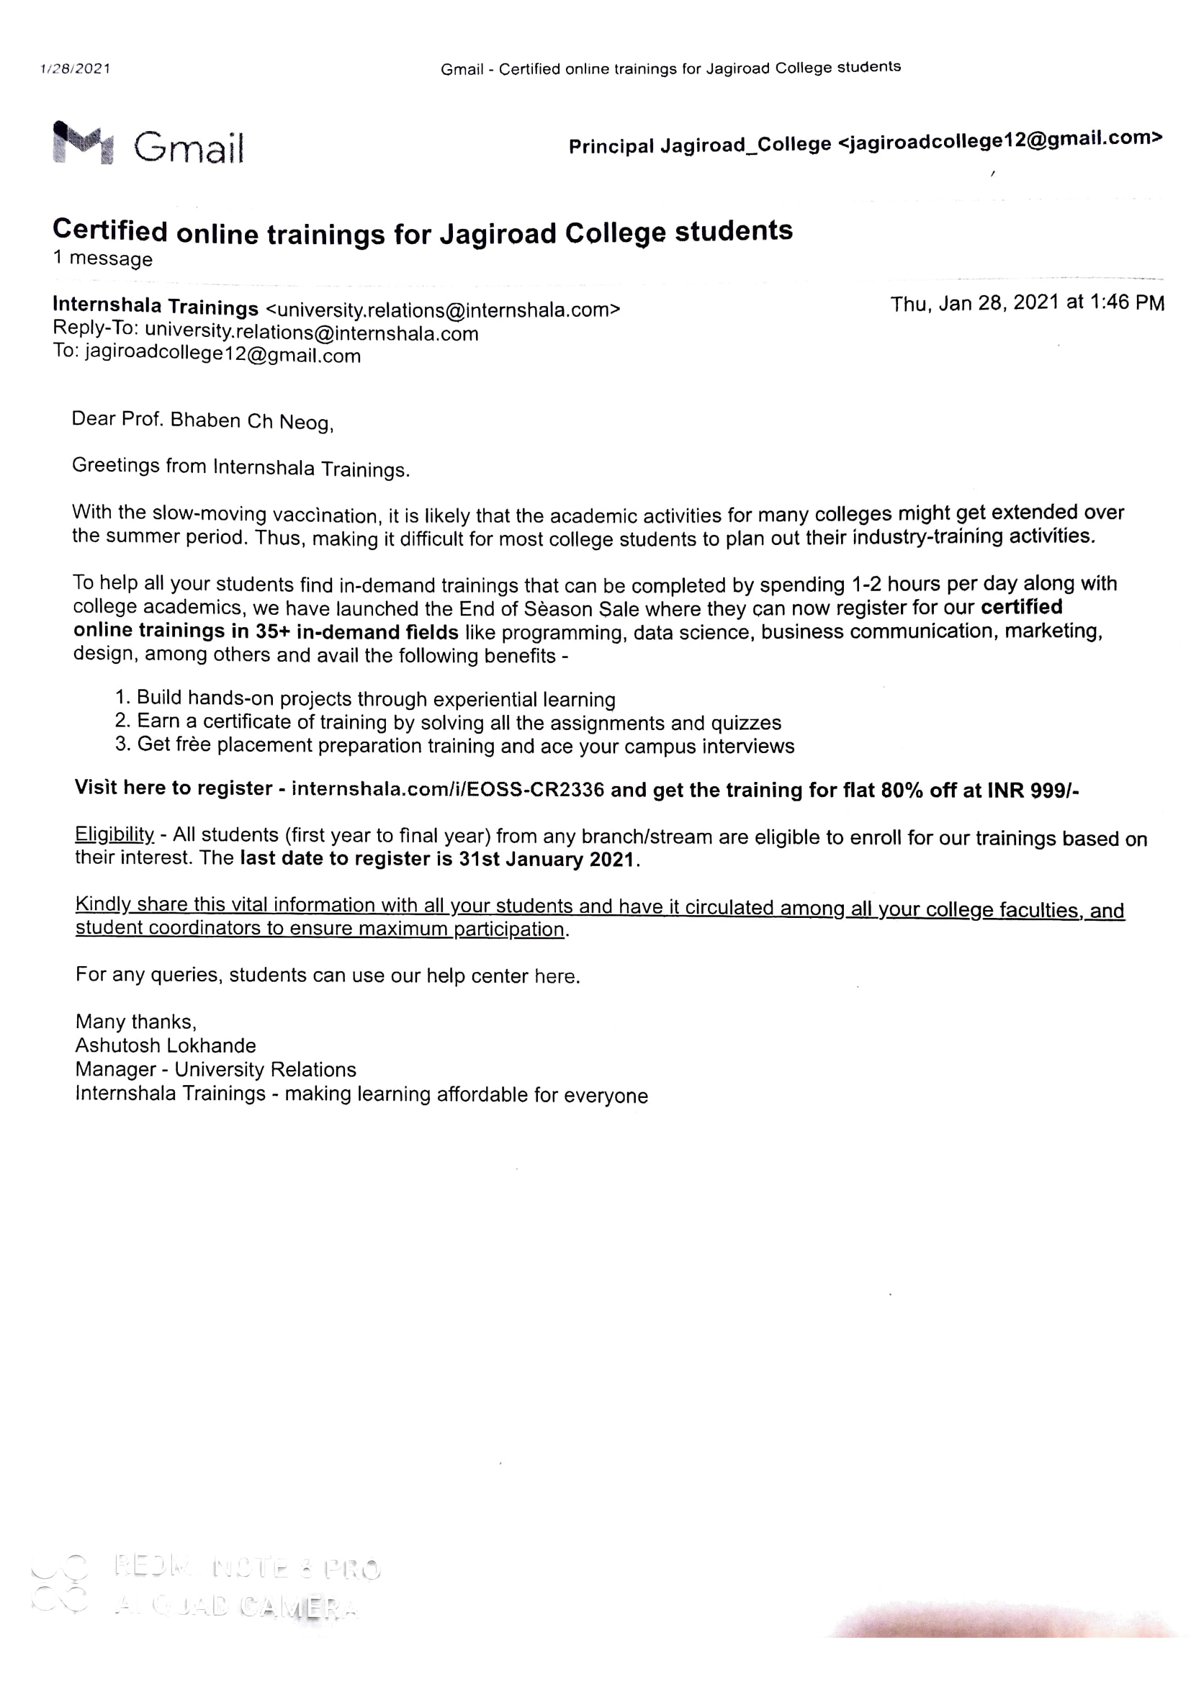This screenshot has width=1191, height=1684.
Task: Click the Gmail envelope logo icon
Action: (x=83, y=143)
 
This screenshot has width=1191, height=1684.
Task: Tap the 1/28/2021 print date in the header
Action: (x=75, y=69)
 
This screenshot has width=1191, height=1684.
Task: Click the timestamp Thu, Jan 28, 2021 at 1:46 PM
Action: (x=1027, y=303)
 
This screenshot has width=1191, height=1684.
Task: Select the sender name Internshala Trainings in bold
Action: (x=156, y=306)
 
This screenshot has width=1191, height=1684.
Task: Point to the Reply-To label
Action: (x=95, y=329)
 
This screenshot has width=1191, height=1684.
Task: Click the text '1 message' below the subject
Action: (x=103, y=259)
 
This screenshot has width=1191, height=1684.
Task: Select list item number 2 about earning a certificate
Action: (x=448, y=722)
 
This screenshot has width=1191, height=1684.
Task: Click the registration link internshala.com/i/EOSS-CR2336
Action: (x=447, y=789)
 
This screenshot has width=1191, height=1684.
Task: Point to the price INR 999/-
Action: (x=1033, y=791)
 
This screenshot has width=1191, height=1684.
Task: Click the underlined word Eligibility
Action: (x=114, y=834)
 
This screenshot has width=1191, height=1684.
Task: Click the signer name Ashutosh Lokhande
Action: (x=166, y=1045)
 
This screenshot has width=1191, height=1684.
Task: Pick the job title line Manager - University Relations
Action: (x=215, y=1069)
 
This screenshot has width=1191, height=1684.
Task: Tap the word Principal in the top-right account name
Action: (x=611, y=147)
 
